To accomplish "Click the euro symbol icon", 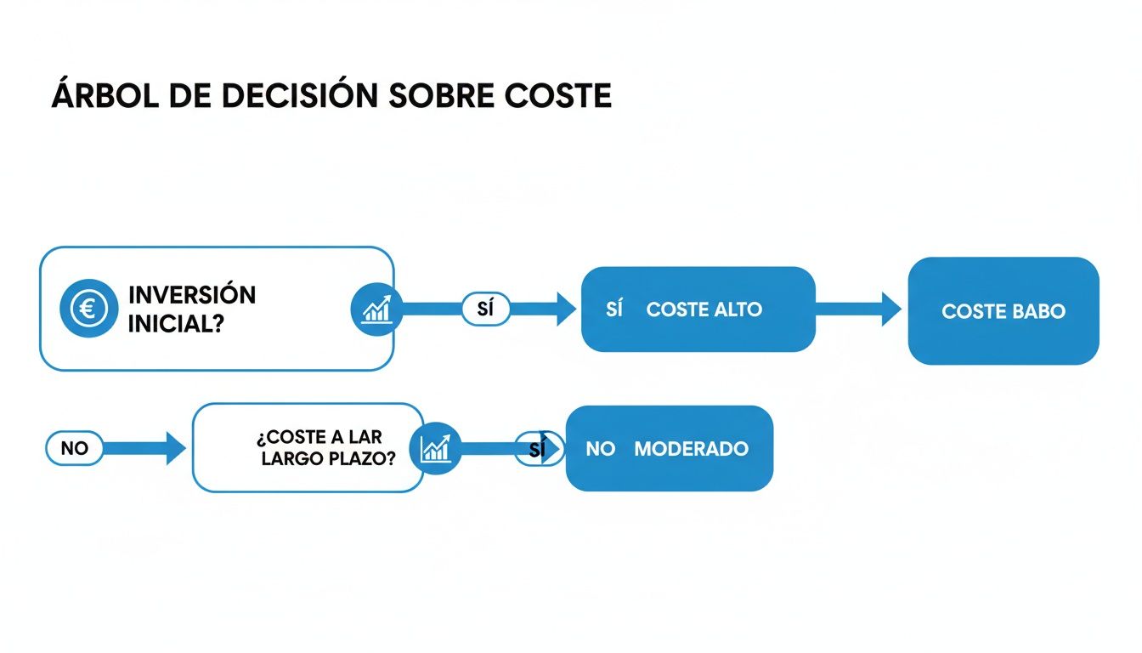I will coord(88,308).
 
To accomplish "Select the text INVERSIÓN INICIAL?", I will coord(191,309).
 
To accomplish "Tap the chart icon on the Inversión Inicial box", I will coord(376,309).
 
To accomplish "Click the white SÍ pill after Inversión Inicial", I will coord(485,309).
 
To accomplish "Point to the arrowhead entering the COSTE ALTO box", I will coord(566,309).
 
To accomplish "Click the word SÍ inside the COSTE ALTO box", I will coord(614,309).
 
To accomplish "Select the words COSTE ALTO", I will coord(704,309).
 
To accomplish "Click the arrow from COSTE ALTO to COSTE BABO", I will coord(858,309).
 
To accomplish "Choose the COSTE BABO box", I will coord(1003,311).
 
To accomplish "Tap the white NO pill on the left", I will coord(75,448).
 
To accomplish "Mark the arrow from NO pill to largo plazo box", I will coord(144,448).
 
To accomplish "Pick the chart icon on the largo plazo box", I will coord(436,448).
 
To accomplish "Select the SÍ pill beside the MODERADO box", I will coord(535,450).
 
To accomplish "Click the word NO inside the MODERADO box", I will coord(600,449).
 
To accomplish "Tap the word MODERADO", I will coord(691,449).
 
